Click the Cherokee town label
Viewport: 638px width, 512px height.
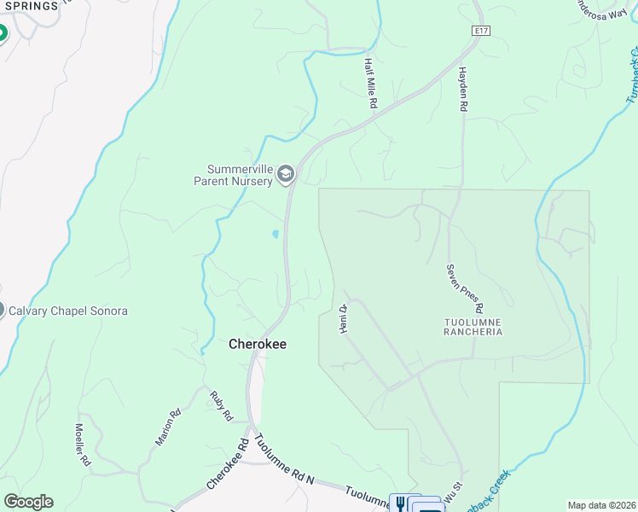(258, 344)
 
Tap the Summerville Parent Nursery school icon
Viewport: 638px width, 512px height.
(286, 175)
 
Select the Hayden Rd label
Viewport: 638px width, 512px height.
(464, 90)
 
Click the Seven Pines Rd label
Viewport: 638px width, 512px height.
(465, 288)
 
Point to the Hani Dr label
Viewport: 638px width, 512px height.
(344, 320)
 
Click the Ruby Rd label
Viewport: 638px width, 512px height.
(222, 407)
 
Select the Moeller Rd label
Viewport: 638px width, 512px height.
(82, 444)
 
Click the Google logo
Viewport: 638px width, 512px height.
(28, 502)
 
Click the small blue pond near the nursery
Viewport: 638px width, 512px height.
(275, 234)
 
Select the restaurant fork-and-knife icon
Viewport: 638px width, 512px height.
(398, 503)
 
